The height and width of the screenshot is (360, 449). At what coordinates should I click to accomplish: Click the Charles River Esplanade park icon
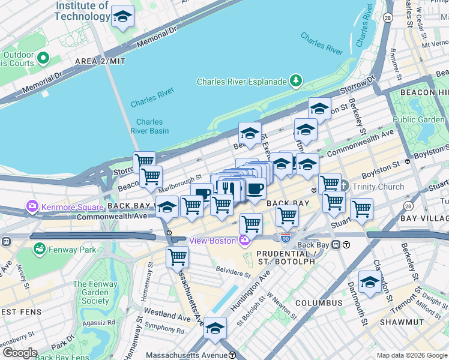click(295, 81)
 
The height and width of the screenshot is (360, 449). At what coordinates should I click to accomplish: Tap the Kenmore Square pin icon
click(32, 208)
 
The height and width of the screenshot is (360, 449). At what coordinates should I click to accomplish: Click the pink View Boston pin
click(244, 241)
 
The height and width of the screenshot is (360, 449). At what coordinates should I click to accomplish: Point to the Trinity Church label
click(378, 187)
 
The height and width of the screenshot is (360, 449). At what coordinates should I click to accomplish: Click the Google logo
click(20, 353)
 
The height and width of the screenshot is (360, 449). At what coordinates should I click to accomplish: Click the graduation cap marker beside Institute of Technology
click(122, 17)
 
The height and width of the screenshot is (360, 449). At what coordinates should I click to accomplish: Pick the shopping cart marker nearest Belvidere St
click(178, 257)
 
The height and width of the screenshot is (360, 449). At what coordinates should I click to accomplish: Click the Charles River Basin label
click(149, 126)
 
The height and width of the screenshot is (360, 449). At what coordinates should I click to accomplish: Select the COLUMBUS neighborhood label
click(313, 304)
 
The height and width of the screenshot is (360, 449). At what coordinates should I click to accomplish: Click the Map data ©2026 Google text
click(411, 355)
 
